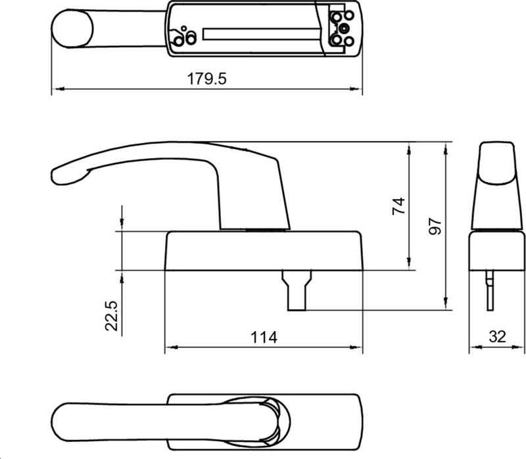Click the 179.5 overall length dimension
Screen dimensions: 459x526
(207, 79)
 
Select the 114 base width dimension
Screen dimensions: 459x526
(264, 338)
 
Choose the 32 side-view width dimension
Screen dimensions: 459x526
(497, 338)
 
